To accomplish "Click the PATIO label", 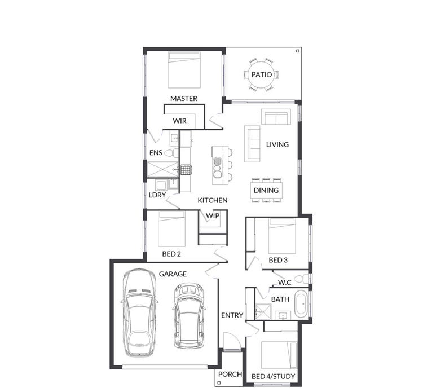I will pos(262,74).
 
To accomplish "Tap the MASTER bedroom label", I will pos(184,98).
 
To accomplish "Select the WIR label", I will pos(179,121).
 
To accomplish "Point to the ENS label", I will pos(156,153).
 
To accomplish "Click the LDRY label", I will pos(157,195).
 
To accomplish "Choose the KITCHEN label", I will pos(212,200).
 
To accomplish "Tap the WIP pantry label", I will pos(212,216).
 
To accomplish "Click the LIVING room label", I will pos(277,144).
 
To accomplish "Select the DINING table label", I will pos(266,190).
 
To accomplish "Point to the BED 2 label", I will pos(171,254).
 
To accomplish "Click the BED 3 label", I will pos(278,260).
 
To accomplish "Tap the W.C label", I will pos(284,283).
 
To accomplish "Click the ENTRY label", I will pos(232,315).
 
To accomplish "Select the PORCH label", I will pos(230,374).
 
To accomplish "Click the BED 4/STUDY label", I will pos(273,376).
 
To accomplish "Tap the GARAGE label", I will pos(172,274).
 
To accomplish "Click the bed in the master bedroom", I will pos(184,69).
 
